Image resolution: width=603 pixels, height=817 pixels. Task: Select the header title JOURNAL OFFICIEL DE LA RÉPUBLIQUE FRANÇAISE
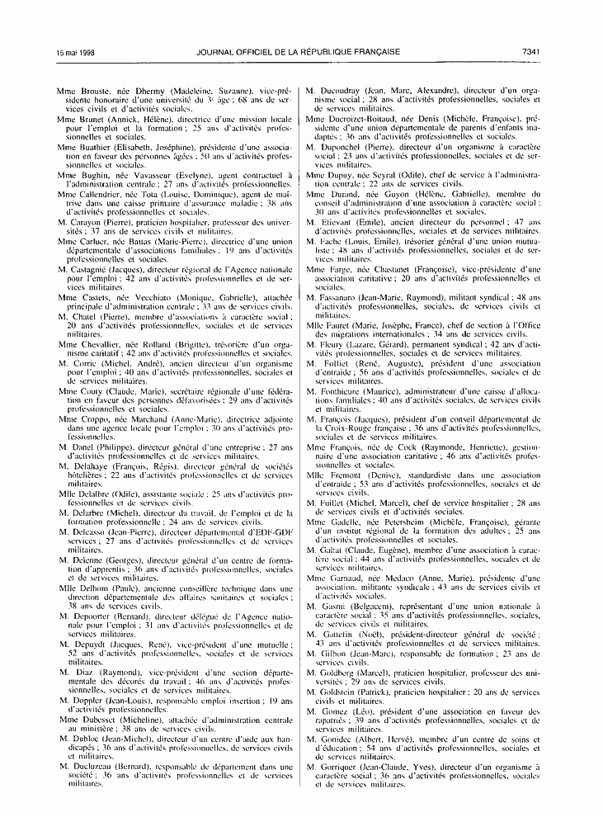pyautogui.click(x=299, y=52)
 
